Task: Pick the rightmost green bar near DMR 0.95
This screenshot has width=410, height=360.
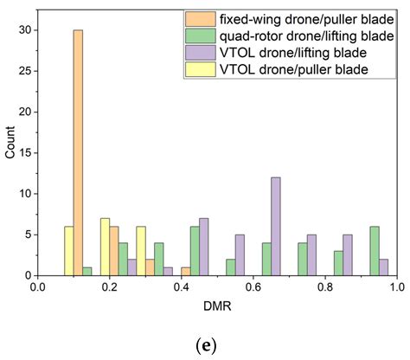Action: tap(373, 251)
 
